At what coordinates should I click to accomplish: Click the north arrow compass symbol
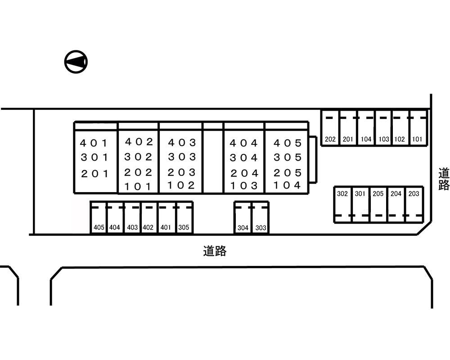(x=76, y=61)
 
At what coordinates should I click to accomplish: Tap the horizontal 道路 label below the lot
(x=215, y=251)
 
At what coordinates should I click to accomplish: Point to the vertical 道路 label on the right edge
(x=444, y=179)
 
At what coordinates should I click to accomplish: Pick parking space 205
(x=378, y=204)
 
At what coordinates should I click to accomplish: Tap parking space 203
(x=414, y=204)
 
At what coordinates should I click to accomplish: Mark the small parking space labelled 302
(x=342, y=204)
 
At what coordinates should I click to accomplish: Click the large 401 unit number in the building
(x=94, y=144)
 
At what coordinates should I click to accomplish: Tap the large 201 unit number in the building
(x=94, y=173)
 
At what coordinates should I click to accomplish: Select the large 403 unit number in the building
(x=182, y=143)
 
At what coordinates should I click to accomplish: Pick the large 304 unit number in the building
(x=244, y=158)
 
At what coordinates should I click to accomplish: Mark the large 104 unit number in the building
(x=287, y=185)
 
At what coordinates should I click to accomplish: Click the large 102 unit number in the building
(x=181, y=185)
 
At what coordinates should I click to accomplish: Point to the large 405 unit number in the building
(x=288, y=143)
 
